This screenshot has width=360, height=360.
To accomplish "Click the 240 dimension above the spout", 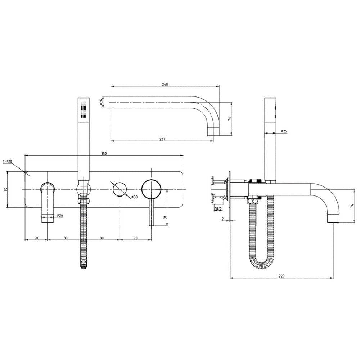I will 165,84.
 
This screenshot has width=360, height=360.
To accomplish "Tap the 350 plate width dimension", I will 104,153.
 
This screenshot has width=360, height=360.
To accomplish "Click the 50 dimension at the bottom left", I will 36,238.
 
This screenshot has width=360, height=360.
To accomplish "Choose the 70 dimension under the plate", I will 135,238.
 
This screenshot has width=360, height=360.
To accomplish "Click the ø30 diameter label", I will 135,197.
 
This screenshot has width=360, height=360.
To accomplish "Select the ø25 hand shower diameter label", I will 284,131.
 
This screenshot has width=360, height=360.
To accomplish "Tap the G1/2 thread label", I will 219,208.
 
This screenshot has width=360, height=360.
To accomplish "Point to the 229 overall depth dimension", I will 282,276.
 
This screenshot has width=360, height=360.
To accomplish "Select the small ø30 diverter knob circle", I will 120,189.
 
